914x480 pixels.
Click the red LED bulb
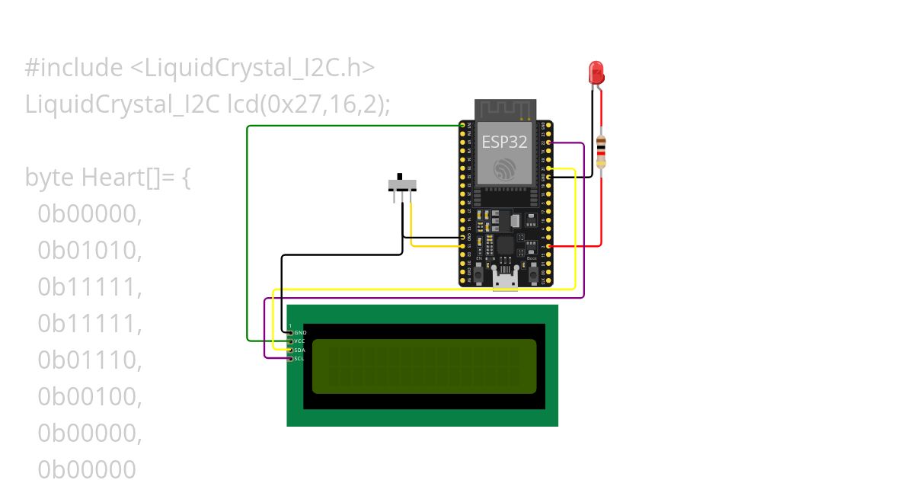[596, 72]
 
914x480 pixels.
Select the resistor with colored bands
[601, 152]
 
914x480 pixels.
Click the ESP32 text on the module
[504, 141]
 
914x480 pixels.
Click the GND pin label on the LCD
[300, 333]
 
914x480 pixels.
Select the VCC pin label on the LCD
[300, 341]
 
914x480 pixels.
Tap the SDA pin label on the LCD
[300, 350]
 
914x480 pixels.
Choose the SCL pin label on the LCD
[300, 358]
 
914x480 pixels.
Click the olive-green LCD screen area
[424, 366]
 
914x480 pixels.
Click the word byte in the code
[50, 178]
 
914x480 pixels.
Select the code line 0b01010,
[90, 251]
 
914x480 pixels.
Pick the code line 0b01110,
[90, 360]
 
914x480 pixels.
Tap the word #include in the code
[73, 69]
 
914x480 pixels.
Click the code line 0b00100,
[90, 397]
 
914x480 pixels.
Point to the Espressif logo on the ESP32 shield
[505, 169]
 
